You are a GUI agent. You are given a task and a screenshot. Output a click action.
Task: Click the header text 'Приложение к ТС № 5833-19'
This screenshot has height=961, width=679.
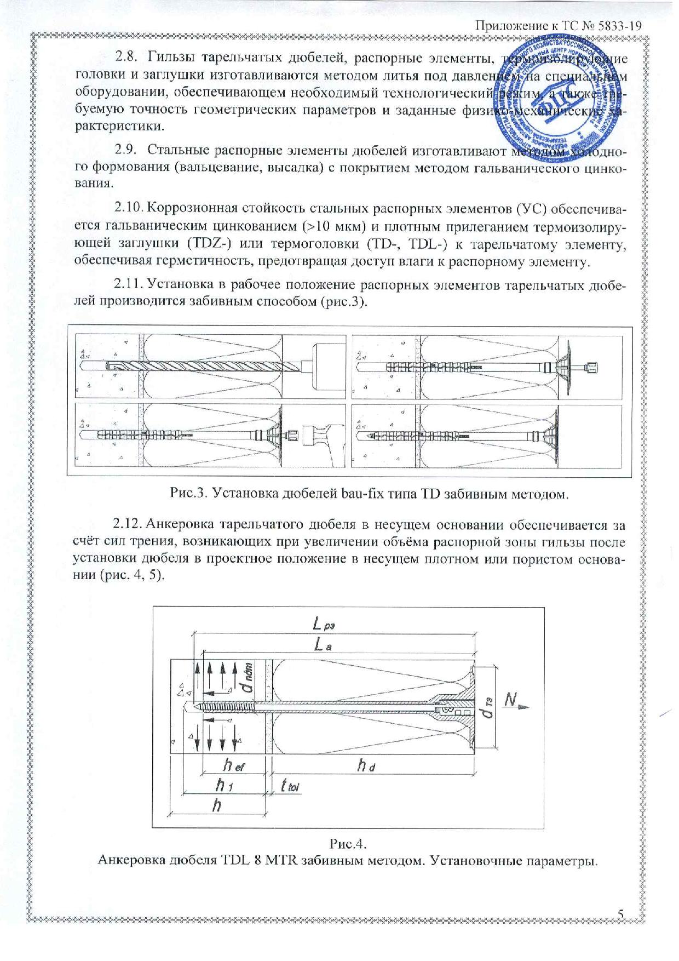coord(557,26)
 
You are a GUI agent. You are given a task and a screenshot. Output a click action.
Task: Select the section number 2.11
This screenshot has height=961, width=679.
coord(129,284)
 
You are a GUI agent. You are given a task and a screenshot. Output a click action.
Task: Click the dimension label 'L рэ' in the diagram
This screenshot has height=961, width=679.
coord(326,624)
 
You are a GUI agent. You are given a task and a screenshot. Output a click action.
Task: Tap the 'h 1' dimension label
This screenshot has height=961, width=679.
coord(223,787)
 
